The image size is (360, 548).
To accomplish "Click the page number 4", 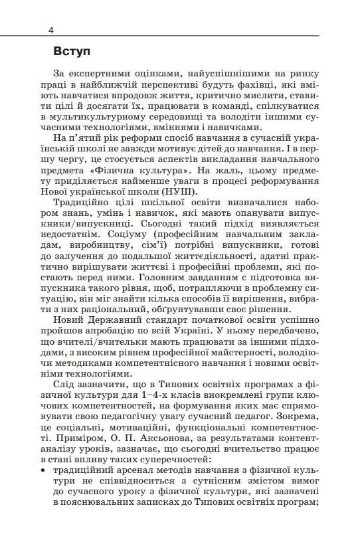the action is (50, 29).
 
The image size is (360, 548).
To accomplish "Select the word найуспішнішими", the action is (220, 76).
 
